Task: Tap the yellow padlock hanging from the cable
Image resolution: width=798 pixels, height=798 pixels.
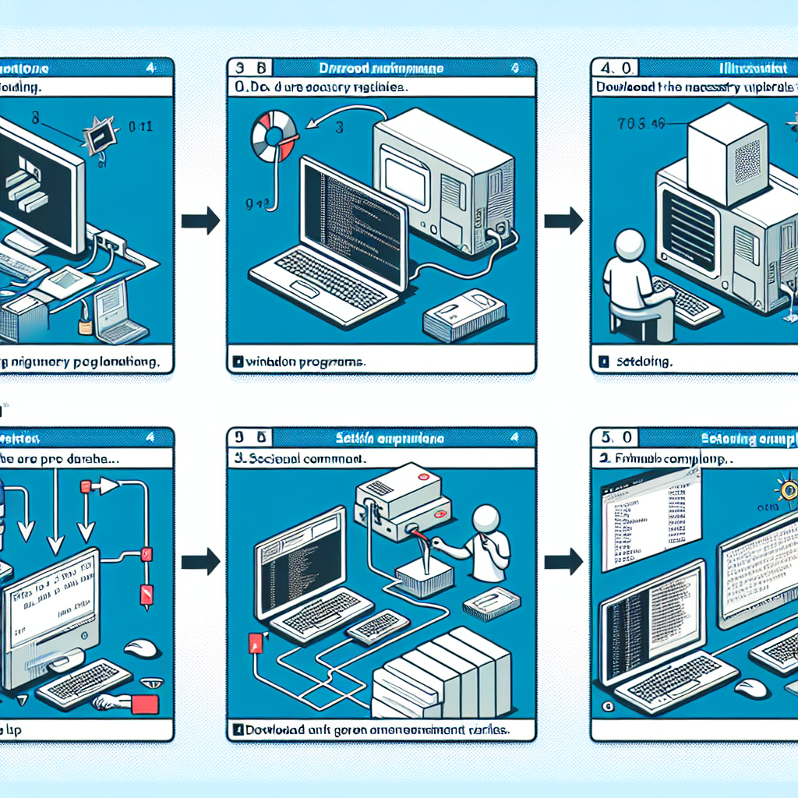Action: [x=83, y=318]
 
